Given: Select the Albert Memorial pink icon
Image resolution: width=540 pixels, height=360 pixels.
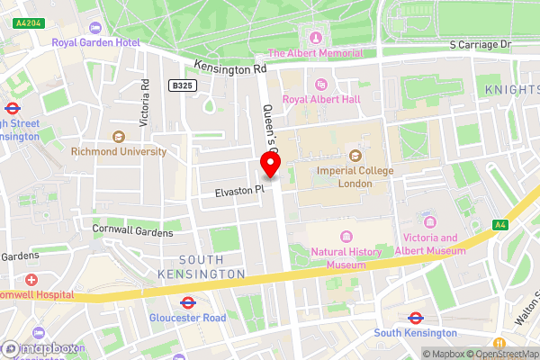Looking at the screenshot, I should [315, 37].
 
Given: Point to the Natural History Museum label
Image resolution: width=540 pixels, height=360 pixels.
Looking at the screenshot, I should [346, 258].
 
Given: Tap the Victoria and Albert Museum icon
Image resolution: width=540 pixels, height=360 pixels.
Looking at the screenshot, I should [428, 221].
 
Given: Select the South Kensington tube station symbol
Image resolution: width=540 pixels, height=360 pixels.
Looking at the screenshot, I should [416, 318].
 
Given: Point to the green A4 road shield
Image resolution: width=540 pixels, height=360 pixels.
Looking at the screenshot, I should [499, 225].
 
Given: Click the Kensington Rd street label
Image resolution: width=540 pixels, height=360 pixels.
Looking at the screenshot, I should [230, 68].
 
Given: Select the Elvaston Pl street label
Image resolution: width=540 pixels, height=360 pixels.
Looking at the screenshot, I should [239, 191].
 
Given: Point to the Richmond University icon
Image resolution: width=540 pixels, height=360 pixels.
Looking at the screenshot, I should [118, 137].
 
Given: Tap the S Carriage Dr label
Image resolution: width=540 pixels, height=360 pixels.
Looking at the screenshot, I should [480, 44].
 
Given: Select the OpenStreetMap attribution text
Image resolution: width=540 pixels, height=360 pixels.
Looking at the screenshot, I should [501, 354].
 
